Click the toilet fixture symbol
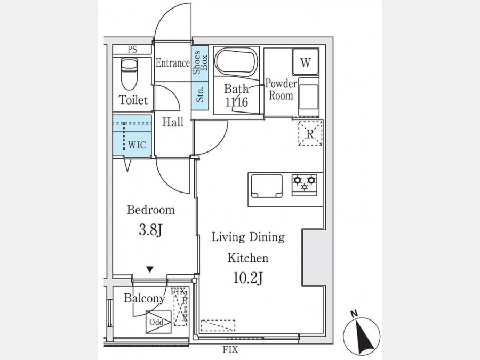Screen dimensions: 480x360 129,74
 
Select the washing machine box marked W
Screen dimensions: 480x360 305,61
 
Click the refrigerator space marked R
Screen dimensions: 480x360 310,133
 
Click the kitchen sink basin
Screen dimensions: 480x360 267,186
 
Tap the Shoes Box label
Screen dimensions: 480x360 200,63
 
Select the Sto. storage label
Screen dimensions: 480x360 200,95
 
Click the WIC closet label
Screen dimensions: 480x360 137,145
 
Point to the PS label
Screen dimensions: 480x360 132,50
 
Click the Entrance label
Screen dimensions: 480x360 173,63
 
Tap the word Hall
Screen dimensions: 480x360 173,122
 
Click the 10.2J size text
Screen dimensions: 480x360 248,278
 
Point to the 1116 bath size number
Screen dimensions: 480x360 236,102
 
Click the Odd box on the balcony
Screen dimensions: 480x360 158,322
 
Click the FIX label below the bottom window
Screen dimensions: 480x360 230,349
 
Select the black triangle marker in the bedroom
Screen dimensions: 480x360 150,269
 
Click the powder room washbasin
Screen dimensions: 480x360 309,97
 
